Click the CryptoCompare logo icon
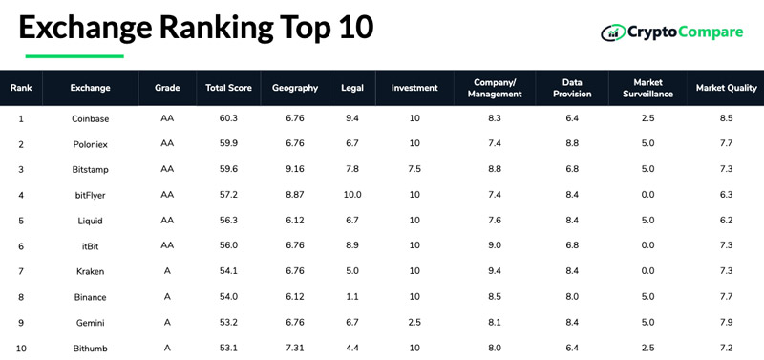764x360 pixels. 613,32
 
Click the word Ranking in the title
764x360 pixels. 217,29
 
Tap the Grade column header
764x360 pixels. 167,88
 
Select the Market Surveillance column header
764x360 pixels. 647,88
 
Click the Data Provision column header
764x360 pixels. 572,88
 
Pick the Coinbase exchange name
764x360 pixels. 90,118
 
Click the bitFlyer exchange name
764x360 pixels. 90,195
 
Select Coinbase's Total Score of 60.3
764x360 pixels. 228,118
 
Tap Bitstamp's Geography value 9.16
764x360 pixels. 295,169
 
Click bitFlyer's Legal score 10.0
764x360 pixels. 352,195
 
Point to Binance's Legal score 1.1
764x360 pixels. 352,296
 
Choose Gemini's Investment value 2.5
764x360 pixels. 414,322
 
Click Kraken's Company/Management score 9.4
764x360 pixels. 495,271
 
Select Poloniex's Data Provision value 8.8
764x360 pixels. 572,143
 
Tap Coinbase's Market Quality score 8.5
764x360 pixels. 726,118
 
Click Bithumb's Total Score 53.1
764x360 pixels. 228,348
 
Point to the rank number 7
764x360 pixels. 21,271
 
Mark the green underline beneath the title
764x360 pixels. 74,56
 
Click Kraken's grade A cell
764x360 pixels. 167,271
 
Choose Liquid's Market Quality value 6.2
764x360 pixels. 726,221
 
